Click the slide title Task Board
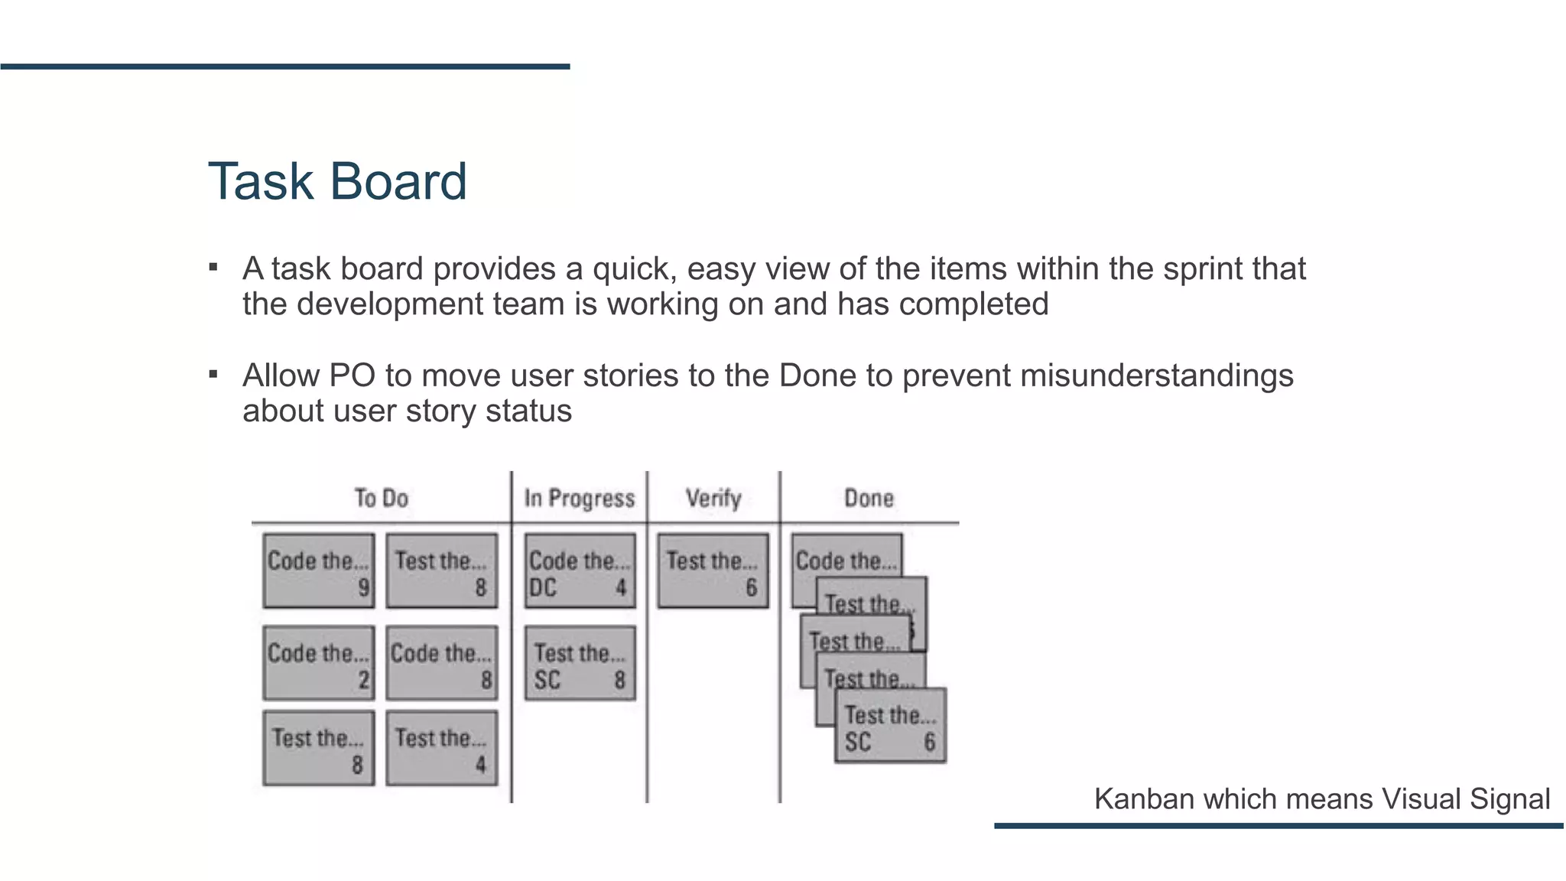(x=337, y=182)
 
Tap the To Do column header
(x=381, y=499)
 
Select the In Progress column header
(x=579, y=499)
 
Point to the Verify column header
(x=713, y=499)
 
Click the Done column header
(x=869, y=499)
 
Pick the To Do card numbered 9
(x=318, y=571)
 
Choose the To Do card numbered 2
(x=318, y=663)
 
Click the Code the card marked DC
(x=580, y=571)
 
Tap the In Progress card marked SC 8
(x=580, y=663)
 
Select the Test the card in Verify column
(x=713, y=571)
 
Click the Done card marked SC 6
(x=890, y=727)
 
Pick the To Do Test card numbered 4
(x=441, y=749)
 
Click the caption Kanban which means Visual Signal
(x=1321, y=799)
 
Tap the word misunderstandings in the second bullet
(x=1156, y=376)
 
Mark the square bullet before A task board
(x=213, y=268)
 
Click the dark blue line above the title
(x=284, y=67)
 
